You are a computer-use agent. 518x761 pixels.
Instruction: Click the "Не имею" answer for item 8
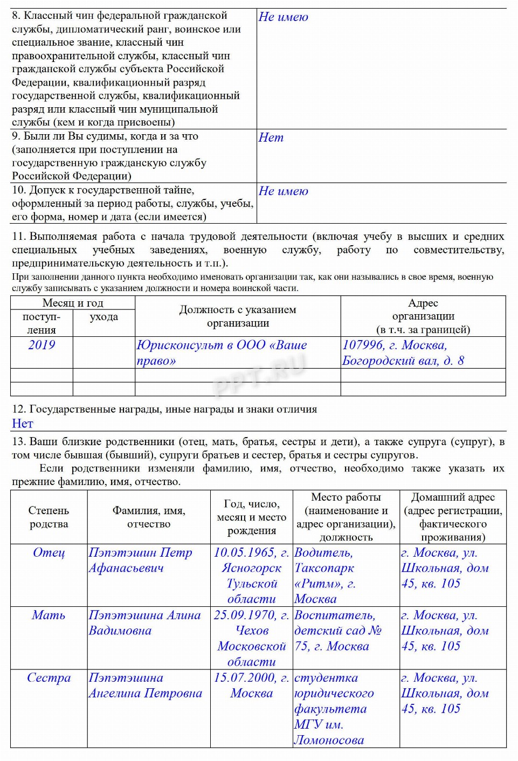(284, 17)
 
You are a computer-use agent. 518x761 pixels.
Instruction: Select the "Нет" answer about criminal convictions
(271, 137)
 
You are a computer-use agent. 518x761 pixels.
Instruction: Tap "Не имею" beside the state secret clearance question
(284, 191)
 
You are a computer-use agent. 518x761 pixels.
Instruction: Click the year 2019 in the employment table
(42, 345)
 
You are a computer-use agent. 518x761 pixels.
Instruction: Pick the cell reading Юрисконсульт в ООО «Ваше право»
(222, 352)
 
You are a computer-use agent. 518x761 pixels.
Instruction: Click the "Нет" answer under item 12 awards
(23, 424)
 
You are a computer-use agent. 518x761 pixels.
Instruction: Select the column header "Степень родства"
(49, 517)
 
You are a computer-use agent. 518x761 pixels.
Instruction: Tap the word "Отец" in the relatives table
(49, 553)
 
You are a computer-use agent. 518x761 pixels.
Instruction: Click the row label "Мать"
(49, 615)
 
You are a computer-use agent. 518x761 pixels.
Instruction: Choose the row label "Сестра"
(49, 678)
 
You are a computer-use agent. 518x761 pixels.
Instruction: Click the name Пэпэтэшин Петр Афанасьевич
(140, 560)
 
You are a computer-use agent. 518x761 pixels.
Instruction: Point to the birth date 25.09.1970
(251, 615)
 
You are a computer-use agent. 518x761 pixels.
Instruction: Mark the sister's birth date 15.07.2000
(251, 678)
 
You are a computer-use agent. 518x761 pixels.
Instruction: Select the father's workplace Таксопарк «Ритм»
(324, 576)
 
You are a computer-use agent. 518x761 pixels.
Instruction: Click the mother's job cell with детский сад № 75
(338, 631)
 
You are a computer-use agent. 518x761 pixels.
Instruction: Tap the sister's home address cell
(445, 693)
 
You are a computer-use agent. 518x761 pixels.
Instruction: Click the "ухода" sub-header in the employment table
(103, 317)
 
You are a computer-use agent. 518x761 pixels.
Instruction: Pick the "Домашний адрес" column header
(453, 497)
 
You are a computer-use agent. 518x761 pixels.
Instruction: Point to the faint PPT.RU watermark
(259, 375)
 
